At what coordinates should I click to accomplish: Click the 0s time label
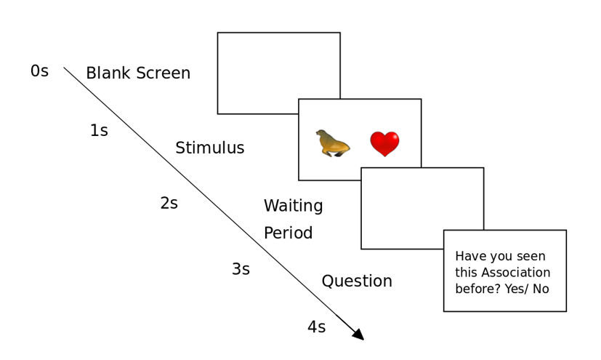coord(39,71)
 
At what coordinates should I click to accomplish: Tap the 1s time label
coord(99,130)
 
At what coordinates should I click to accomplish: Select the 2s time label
coord(169,203)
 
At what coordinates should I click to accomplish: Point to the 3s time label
coord(241,269)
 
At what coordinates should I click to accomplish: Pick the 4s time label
coord(317,327)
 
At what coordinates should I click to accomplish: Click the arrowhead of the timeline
coord(358,335)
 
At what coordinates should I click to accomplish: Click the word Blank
coord(108,73)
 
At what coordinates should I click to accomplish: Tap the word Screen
coord(164,73)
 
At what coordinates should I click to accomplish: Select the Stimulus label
coord(210,148)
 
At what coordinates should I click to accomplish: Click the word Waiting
coord(293,206)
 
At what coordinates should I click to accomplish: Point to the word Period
coord(289,233)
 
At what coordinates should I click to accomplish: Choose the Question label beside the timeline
coord(357,281)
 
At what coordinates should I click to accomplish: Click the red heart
coord(385,144)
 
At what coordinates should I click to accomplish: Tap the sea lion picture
coord(333,143)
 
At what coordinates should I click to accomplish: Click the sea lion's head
coord(320,133)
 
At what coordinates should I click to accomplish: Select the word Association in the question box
coord(516,273)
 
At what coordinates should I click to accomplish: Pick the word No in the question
coord(541,289)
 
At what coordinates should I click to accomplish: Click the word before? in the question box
coord(478,289)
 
